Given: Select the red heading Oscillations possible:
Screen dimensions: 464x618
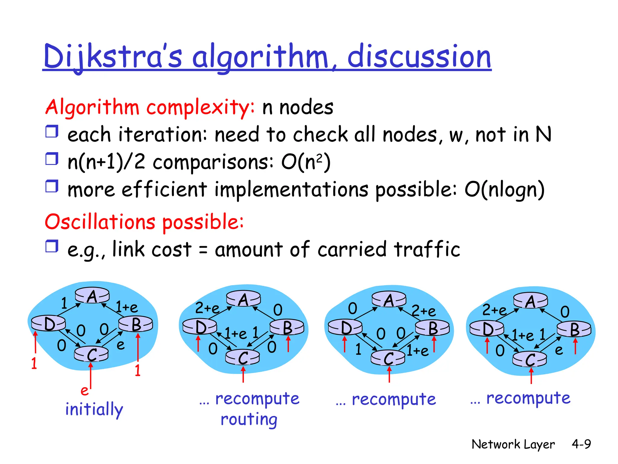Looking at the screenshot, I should click(x=144, y=222).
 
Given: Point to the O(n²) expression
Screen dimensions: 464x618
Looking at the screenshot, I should click(x=306, y=163).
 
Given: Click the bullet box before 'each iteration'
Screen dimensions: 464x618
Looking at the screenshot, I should click(x=52, y=132).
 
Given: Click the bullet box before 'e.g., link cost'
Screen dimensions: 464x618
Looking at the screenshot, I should click(x=52, y=246).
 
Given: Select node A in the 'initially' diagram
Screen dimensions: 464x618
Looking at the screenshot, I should click(x=92, y=295).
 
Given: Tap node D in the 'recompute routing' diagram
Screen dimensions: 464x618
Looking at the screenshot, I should click(x=200, y=327).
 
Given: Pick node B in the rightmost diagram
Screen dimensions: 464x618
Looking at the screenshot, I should click(x=574, y=329).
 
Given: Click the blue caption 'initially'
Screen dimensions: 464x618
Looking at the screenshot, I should click(x=94, y=410).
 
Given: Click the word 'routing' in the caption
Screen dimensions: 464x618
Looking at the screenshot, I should click(x=249, y=420).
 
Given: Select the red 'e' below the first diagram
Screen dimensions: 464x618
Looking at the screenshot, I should click(x=84, y=391).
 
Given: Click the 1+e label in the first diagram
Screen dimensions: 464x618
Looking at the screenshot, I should click(x=127, y=308).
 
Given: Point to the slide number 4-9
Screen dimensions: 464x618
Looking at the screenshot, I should click(x=581, y=444).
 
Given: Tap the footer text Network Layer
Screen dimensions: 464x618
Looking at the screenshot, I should click(x=513, y=444).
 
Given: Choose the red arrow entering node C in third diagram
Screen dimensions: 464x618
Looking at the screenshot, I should click(x=389, y=375).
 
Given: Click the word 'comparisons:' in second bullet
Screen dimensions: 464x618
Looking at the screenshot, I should click(x=213, y=163).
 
